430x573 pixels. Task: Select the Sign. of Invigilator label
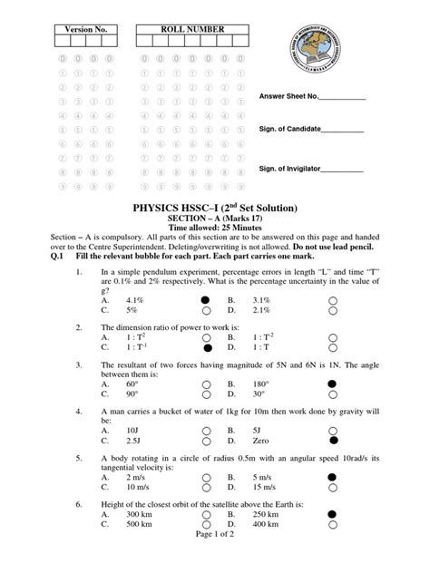(x=291, y=169)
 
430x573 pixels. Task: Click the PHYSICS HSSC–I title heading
(x=214, y=208)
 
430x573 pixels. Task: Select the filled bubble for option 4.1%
(x=207, y=298)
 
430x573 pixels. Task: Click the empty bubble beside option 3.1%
(x=333, y=298)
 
